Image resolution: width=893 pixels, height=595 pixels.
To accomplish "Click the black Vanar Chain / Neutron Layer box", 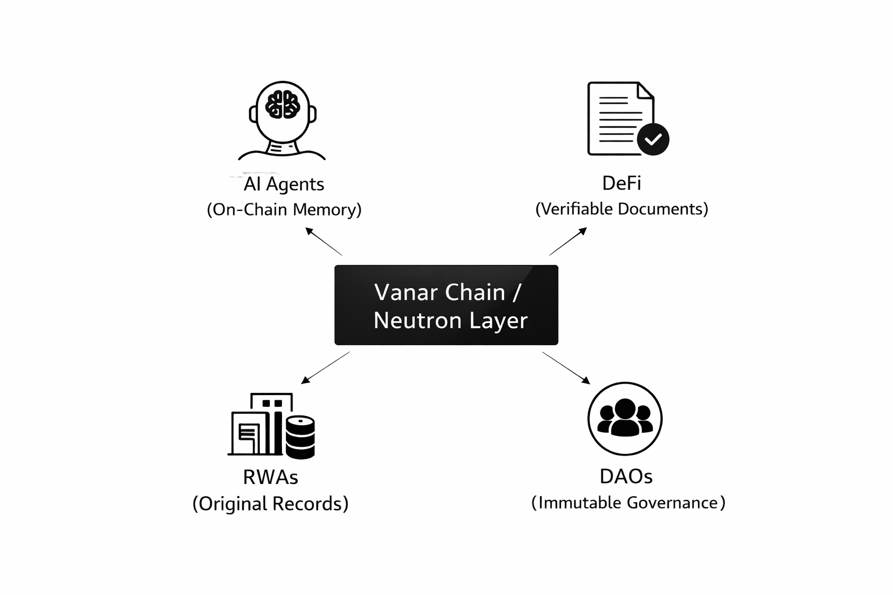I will point(446,306).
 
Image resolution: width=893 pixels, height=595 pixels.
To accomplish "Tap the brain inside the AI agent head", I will point(283,105).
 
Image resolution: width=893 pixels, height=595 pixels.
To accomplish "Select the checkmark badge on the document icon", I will point(653,139).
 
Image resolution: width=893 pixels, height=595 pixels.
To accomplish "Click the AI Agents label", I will point(284,184).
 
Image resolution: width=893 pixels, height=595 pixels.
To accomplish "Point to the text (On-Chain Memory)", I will point(284,209).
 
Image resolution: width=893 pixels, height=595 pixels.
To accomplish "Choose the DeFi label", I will point(621,184).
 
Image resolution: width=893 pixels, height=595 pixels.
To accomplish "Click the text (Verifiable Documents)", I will point(621,209).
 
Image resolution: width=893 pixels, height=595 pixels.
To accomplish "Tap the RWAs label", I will point(270,477).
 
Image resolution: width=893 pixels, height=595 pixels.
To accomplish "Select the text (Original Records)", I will point(270,503).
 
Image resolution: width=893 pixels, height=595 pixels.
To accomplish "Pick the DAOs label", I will point(626,476).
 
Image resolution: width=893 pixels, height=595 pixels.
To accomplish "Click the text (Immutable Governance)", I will point(628,503).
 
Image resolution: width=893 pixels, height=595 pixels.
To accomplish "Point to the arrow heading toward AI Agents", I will point(323,241).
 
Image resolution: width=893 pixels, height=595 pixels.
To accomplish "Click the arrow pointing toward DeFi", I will point(568,241).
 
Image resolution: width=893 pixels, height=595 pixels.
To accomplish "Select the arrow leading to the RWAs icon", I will point(326,367).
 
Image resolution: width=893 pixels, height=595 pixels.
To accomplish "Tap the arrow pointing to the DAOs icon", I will point(566,367).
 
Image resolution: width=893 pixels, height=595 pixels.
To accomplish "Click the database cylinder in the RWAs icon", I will point(301,436).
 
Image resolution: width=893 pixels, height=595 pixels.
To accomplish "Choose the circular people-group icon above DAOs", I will point(625,418).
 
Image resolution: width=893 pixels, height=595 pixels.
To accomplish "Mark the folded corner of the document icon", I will point(645,91).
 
